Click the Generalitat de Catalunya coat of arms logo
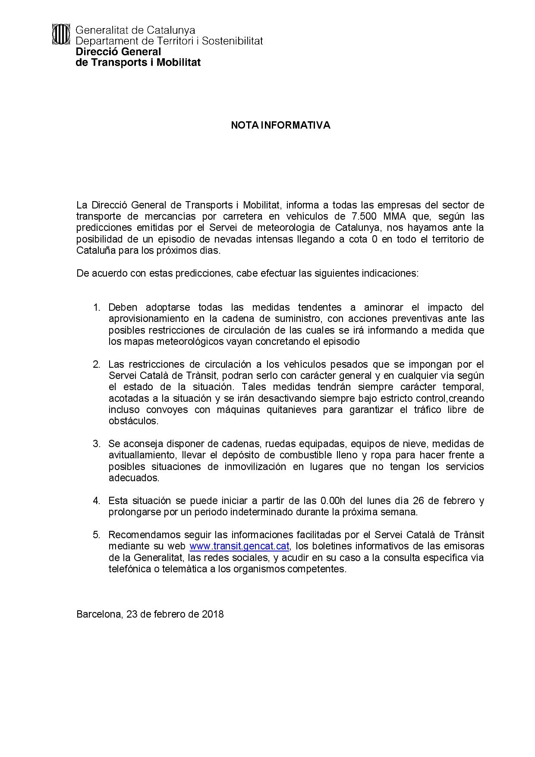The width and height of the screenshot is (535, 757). pos(60,34)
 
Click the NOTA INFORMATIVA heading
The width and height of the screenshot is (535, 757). pos(280,125)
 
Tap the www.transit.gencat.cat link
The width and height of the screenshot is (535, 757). pos(239,546)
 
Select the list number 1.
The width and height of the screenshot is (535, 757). pos(97,307)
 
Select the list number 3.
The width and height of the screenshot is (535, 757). pos(97,444)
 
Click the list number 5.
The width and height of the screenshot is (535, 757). pos(97,535)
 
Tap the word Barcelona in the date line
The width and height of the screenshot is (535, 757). pos(99,614)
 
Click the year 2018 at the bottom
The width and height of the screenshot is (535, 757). pos(213,614)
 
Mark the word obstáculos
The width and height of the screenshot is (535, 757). pos(133,421)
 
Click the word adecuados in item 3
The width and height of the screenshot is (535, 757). pos(134,478)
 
